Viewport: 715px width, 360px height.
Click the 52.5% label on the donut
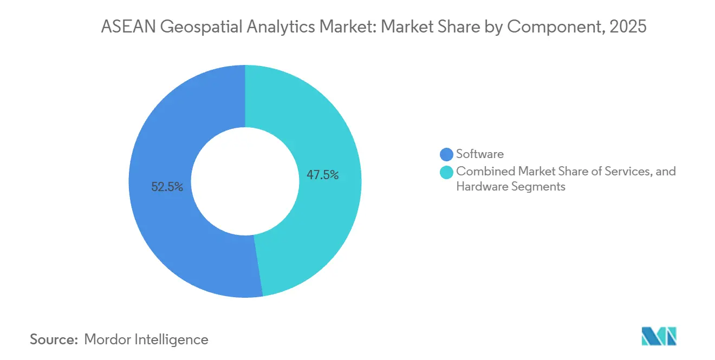click(167, 187)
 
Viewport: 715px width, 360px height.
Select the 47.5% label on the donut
click(323, 175)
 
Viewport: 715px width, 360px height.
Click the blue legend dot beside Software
click(447, 154)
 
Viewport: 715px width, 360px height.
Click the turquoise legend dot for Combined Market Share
click(447, 172)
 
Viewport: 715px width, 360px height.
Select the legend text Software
click(480, 154)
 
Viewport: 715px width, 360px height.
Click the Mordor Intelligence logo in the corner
click(659, 336)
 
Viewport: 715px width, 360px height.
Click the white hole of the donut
click(245, 181)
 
